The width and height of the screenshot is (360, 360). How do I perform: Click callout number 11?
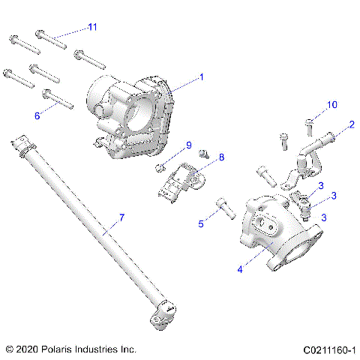(x=92, y=27)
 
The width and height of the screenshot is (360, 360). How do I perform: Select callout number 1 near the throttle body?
(x=201, y=76)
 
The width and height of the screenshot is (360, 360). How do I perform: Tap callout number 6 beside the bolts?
(x=37, y=115)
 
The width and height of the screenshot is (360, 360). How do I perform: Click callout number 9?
(x=189, y=145)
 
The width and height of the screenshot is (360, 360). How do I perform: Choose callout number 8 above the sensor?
(x=221, y=157)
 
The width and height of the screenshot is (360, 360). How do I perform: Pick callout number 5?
(x=201, y=223)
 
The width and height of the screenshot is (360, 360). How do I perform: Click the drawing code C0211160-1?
(x=328, y=349)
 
